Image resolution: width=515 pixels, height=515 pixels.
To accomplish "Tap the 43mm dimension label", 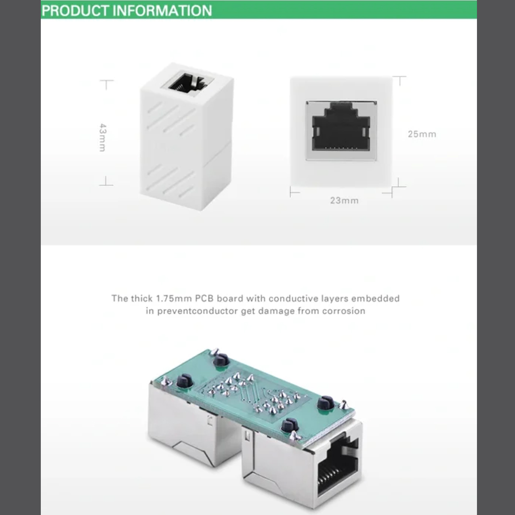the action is (x=103, y=137).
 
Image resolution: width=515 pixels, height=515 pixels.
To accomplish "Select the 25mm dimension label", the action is (x=422, y=134).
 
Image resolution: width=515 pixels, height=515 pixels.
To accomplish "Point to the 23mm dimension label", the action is (x=344, y=200).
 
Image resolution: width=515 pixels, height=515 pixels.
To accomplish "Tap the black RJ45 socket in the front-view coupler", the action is (x=341, y=126).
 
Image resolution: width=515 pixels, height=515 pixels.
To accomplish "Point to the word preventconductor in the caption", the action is (x=198, y=311).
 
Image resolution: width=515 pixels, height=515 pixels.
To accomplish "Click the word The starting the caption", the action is (x=120, y=298).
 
